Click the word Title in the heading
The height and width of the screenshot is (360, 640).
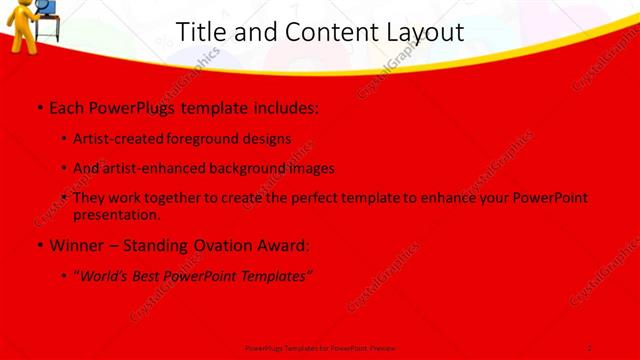point(200,33)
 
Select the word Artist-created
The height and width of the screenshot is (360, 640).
point(120,139)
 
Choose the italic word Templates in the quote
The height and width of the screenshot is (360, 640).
point(276,275)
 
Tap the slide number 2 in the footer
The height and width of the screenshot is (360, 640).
point(589,347)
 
